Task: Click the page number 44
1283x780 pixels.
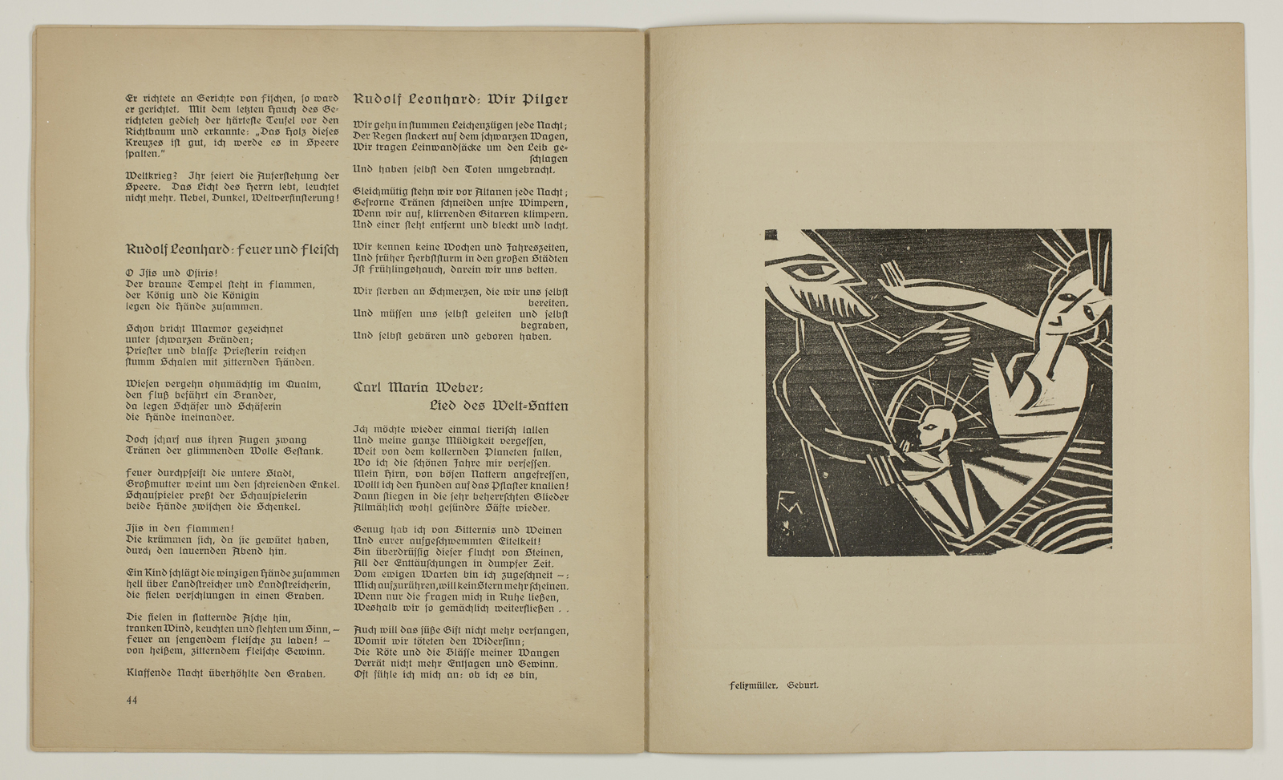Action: tap(132, 700)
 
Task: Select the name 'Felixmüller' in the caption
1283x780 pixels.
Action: tap(753, 686)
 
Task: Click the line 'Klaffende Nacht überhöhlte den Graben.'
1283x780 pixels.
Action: tap(226, 673)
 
